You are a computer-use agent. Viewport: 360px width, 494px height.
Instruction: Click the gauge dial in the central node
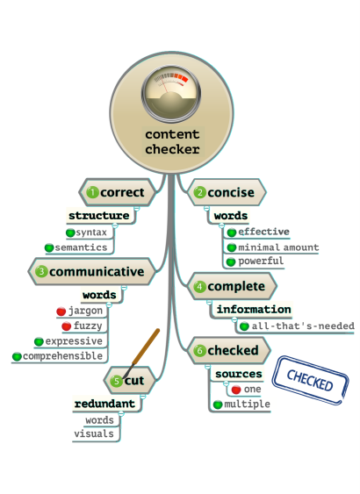coord(171,94)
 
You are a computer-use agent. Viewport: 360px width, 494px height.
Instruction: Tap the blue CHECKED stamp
coord(310,380)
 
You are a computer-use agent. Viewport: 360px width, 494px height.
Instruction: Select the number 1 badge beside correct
coord(93,192)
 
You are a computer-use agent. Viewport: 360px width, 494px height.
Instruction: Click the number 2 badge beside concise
coord(200,192)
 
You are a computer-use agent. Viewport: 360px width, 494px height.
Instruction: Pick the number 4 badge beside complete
coord(200,286)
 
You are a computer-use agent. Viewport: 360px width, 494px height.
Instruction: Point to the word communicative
coord(97,272)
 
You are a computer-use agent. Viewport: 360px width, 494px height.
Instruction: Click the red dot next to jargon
coord(61,311)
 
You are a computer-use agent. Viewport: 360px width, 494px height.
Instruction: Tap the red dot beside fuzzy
coord(66,326)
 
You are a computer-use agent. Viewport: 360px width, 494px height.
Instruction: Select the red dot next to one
coord(236,390)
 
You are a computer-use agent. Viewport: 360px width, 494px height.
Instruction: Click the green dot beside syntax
coord(70,233)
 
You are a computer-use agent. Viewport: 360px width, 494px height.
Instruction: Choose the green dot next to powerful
coord(231,261)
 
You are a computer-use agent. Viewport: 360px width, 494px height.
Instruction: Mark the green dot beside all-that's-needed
coord(244,326)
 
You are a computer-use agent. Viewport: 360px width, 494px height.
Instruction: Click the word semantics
coord(81,247)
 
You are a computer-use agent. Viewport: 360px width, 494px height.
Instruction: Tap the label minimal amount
coord(278,247)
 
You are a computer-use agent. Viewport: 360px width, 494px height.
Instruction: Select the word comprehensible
coord(62,356)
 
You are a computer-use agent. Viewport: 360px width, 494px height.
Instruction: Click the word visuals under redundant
coord(94,433)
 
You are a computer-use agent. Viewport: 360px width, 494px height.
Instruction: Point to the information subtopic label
coord(254,310)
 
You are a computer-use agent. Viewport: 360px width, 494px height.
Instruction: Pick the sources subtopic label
coord(239,374)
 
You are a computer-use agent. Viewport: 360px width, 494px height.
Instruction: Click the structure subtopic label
coord(99,216)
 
